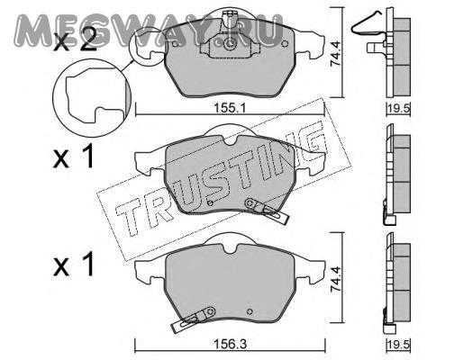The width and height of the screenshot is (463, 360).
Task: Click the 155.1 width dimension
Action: pyautogui.click(x=230, y=107)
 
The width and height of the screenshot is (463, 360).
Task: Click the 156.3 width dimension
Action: pyautogui.click(x=231, y=344)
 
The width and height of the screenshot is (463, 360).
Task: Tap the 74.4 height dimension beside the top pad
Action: pyautogui.click(x=335, y=53)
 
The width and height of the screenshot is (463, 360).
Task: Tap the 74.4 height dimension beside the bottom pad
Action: pyautogui.click(x=335, y=279)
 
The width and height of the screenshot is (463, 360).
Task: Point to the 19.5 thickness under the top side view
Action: pyautogui.click(x=398, y=108)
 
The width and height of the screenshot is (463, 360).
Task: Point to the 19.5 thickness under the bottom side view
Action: pyautogui.click(x=398, y=344)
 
